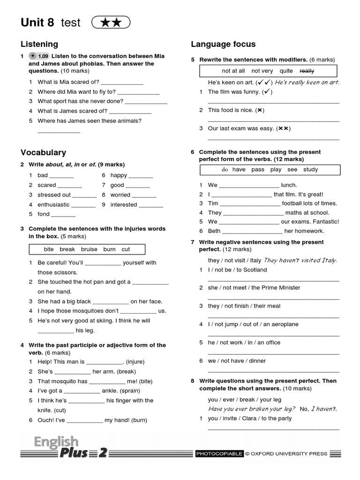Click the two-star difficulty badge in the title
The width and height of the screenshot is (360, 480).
point(111,22)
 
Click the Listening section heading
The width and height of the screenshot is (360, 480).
point(39,44)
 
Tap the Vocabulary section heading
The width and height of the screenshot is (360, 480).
point(43,152)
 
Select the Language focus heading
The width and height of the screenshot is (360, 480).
point(223,44)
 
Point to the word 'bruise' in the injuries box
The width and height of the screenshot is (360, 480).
point(89,249)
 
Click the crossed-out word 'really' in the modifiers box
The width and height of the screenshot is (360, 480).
point(307,71)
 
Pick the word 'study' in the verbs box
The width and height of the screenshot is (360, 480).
point(310,170)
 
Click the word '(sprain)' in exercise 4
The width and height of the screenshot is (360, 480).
point(116,390)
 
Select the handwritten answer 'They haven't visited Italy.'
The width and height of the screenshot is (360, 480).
point(300,260)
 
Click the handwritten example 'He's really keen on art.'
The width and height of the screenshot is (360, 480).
point(307,82)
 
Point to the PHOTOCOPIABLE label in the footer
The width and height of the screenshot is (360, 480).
point(219,453)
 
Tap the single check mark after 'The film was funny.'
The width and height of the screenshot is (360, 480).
point(267,92)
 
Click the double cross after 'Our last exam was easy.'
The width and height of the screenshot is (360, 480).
point(284,128)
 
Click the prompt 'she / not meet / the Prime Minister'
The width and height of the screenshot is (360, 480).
point(254,288)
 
